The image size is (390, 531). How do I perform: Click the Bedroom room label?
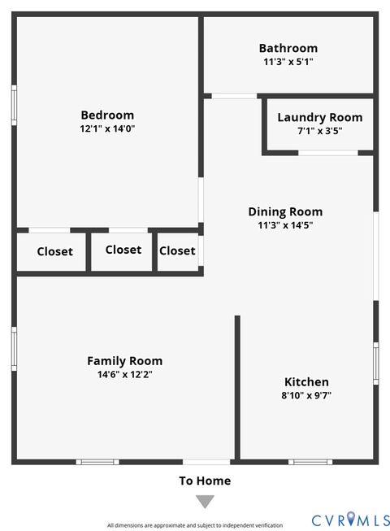coord(107,115)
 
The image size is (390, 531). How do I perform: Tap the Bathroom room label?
coord(288,48)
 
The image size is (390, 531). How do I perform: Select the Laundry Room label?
coord(319,117)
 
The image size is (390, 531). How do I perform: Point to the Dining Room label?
coord(285,211)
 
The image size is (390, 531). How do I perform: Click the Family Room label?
coord(124,360)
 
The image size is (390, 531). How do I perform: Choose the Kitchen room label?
coord(306,381)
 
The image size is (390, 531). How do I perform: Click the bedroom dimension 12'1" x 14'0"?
coord(107,128)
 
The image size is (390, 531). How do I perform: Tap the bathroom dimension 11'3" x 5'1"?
coord(288,62)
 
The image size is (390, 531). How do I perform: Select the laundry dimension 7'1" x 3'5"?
coord(319,131)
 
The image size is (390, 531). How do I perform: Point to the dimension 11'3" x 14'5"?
coord(285,225)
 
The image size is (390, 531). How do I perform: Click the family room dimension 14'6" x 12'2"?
coord(124,374)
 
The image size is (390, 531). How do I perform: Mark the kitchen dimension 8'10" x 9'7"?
coord(306,395)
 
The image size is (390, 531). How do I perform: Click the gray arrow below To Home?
coord(205,502)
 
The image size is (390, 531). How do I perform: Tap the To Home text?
coord(205,481)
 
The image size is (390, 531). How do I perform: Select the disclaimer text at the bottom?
coord(194,525)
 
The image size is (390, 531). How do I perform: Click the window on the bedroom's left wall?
coord(14,104)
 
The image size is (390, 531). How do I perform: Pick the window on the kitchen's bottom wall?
coord(310,462)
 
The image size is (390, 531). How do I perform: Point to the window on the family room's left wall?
coord(14,348)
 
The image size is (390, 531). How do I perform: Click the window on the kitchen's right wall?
coord(375,362)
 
